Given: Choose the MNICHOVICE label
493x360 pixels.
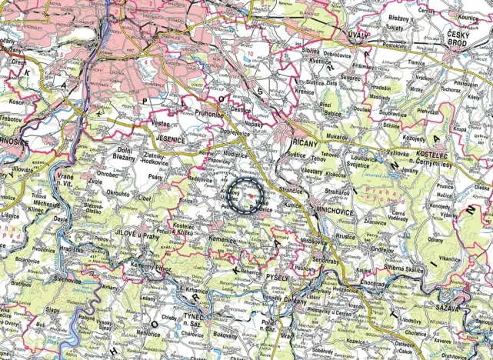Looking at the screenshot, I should (336, 207).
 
